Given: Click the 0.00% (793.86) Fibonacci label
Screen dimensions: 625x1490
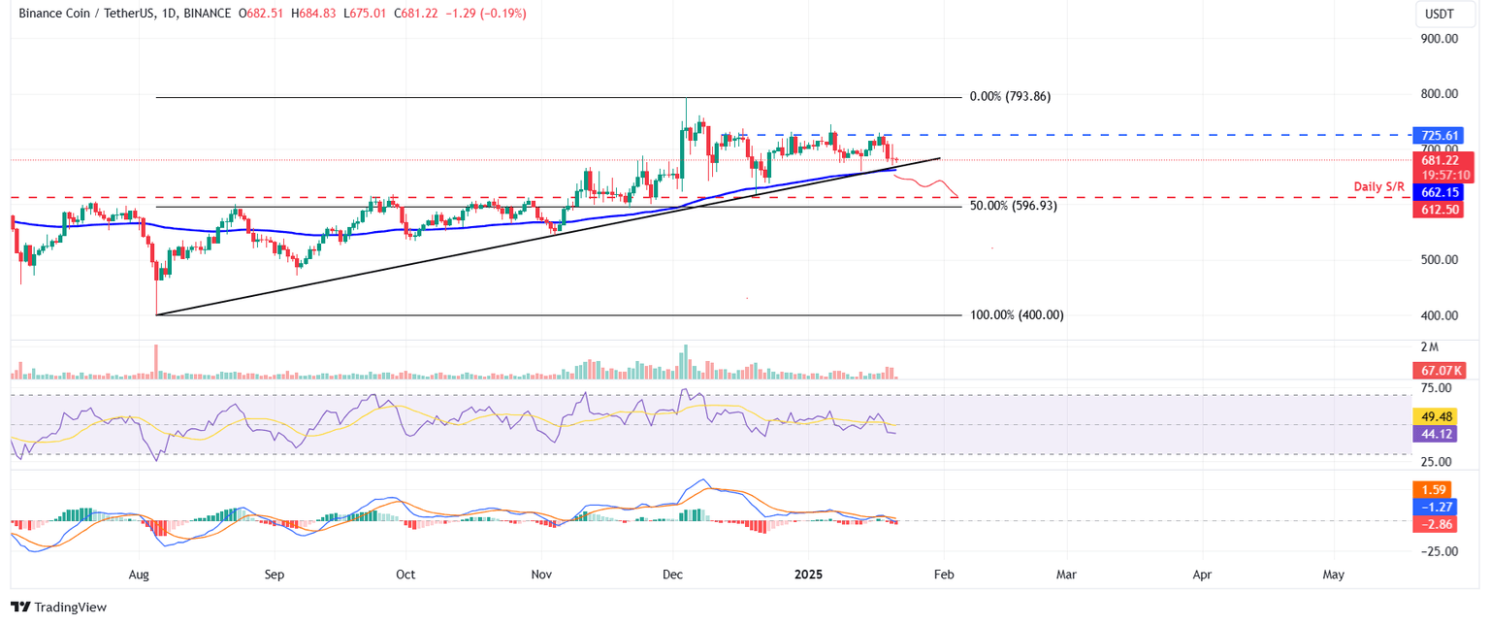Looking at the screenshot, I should pyautogui.click(x=1010, y=97).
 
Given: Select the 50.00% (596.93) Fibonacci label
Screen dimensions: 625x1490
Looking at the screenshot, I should pyautogui.click(x=1013, y=206).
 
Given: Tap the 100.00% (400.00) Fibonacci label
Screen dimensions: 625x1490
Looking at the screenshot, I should pyautogui.click(x=1017, y=315).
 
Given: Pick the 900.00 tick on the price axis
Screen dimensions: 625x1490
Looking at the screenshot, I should pyautogui.click(x=1439, y=39).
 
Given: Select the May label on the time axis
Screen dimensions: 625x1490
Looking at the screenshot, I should pyautogui.click(x=1333, y=575).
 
